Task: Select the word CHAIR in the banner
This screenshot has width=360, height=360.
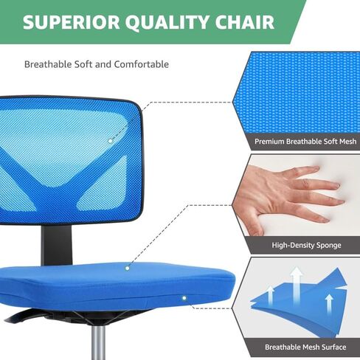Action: (x=245, y=22)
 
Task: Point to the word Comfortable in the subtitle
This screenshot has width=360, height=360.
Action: (x=142, y=64)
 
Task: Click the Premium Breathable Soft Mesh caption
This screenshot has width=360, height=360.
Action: (x=305, y=142)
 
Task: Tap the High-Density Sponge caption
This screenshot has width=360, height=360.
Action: (x=306, y=245)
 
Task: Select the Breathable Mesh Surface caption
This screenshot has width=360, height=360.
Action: (x=305, y=347)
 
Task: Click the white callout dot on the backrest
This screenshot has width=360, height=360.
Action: (x=111, y=141)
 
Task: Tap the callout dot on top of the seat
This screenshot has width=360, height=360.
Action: (x=127, y=269)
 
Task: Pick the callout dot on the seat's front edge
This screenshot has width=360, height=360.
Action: (x=184, y=298)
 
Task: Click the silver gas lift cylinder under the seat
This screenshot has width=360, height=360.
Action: (x=98, y=342)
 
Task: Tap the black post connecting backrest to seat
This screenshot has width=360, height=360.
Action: (x=57, y=245)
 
